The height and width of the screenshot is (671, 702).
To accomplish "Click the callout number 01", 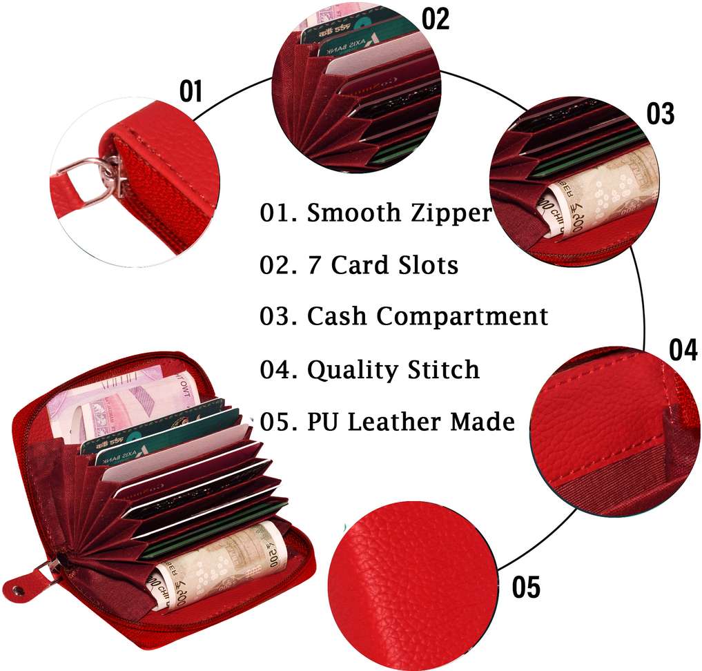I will click(x=191, y=91).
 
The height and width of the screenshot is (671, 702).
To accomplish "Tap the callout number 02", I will click(x=435, y=19).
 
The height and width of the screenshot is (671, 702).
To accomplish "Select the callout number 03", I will click(x=660, y=115).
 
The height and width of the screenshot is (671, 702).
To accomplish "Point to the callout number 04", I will click(x=683, y=351).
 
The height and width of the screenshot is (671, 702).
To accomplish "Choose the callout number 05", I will click(x=526, y=587).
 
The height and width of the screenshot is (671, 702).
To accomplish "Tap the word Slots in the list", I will click(x=425, y=264).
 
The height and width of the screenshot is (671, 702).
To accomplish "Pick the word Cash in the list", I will click(x=338, y=316).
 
